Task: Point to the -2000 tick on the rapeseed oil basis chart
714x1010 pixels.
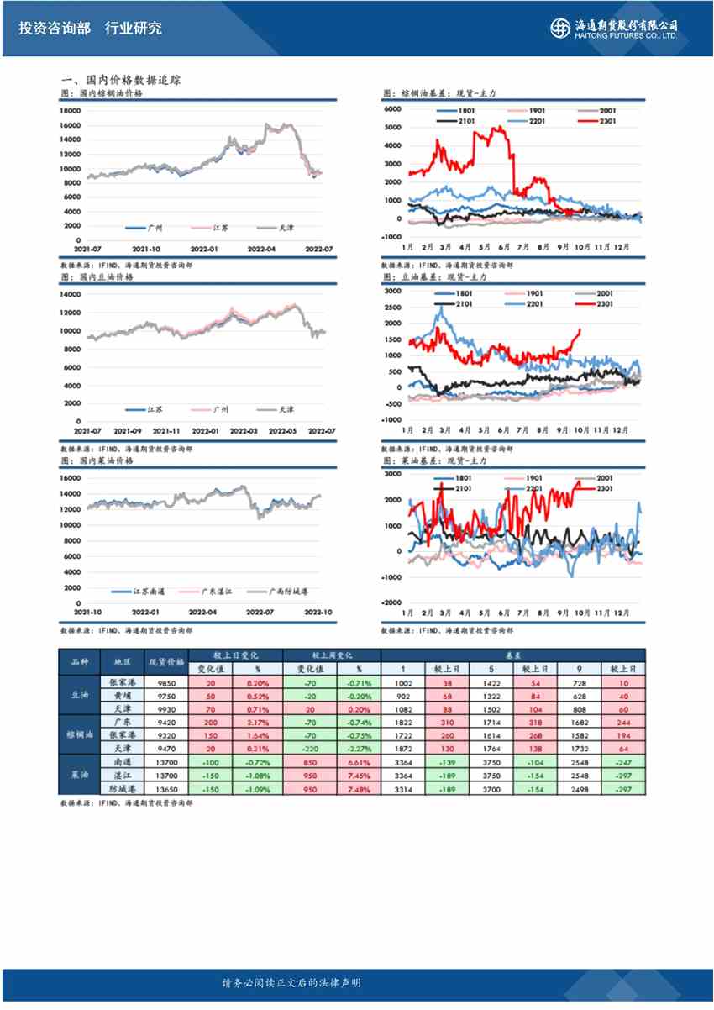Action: tap(391, 603)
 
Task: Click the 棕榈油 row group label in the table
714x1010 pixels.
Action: tap(79, 734)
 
